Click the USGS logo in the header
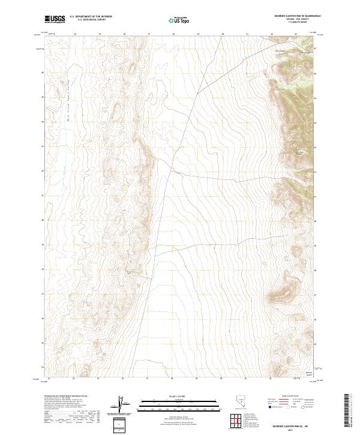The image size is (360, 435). (x=55, y=19)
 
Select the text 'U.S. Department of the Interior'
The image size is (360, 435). (x=91, y=15)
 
